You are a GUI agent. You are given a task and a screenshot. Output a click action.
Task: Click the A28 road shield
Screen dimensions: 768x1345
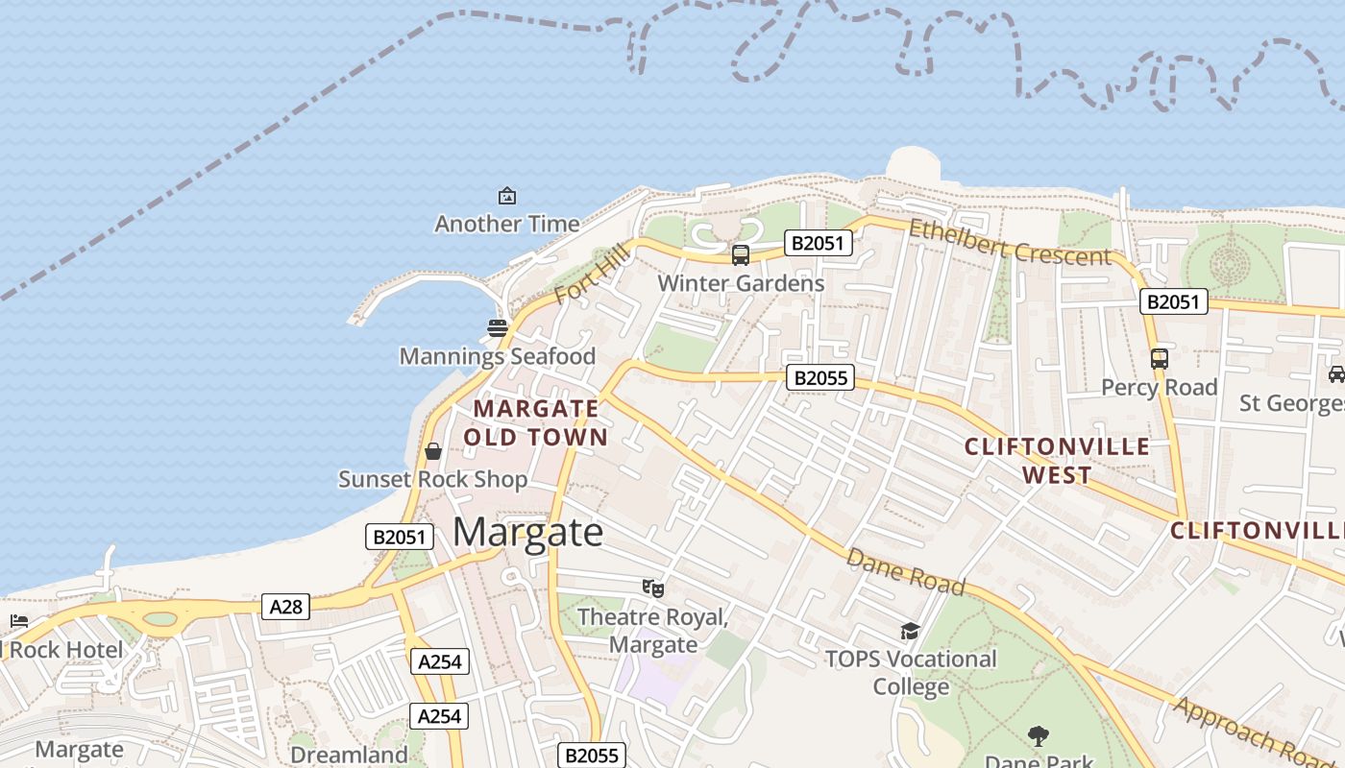pyautogui.click(x=285, y=607)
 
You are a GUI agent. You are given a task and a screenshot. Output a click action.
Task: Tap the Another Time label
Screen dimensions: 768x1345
pyautogui.click(x=507, y=224)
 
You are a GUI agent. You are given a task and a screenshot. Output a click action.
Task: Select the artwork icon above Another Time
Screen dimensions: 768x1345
pyautogui.click(x=507, y=197)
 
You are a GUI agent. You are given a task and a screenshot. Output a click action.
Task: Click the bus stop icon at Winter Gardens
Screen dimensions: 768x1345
pyautogui.click(x=741, y=255)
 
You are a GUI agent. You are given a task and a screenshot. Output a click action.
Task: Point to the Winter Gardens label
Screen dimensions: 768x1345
pyautogui.click(x=741, y=283)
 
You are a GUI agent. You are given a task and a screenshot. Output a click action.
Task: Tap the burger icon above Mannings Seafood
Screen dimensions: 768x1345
pyautogui.click(x=497, y=328)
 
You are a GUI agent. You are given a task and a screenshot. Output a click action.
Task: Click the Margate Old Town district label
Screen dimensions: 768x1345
pyautogui.click(x=536, y=423)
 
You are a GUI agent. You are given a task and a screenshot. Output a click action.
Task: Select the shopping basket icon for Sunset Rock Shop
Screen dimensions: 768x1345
pyautogui.click(x=433, y=451)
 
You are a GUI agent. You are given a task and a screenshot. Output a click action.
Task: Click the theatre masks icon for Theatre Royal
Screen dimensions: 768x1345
pyautogui.click(x=653, y=588)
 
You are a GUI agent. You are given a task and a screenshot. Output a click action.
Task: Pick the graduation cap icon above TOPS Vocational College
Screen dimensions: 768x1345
pyautogui.click(x=910, y=631)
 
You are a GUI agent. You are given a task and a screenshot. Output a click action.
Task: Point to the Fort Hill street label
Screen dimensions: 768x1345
pyautogui.click(x=591, y=275)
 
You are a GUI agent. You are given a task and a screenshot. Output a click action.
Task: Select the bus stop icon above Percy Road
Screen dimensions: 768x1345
pyautogui.click(x=1160, y=359)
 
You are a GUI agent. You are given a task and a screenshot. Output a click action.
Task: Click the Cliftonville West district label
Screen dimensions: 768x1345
pyautogui.click(x=1057, y=461)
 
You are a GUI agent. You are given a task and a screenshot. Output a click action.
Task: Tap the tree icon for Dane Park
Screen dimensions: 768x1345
pyautogui.click(x=1038, y=736)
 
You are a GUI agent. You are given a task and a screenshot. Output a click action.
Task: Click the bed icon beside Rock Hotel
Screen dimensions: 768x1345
pyautogui.click(x=18, y=622)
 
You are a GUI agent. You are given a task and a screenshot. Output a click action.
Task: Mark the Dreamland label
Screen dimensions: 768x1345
pyautogui.click(x=349, y=755)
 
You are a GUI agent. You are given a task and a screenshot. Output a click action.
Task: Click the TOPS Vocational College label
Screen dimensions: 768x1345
pyautogui.click(x=911, y=673)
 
